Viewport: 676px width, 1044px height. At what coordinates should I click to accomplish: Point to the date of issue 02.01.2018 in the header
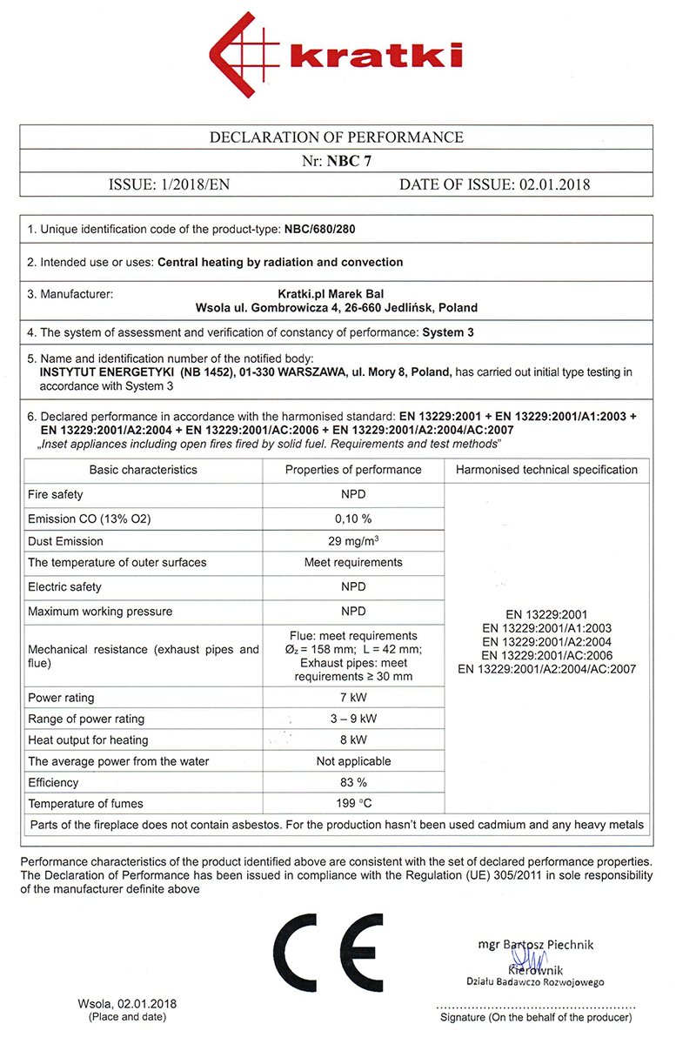pos(554,184)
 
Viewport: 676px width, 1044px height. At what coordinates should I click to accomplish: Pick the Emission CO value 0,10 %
pos(353,519)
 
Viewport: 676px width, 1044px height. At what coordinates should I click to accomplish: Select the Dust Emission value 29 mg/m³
pos(353,541)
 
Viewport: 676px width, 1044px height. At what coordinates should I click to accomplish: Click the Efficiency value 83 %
pos(353,782)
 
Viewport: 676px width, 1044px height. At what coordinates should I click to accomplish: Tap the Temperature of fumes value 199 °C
pos(353,803)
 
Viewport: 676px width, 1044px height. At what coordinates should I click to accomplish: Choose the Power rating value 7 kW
pos(353,698)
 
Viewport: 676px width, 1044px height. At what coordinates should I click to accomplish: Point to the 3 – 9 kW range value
pos(353,719)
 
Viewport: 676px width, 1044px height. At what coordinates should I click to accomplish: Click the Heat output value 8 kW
pos(353,740)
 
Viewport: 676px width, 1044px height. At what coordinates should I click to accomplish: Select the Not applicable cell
pos(353,761)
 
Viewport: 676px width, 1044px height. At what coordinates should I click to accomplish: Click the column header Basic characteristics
pos(144,470)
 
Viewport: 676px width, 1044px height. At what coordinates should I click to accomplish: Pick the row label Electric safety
pos(64,587)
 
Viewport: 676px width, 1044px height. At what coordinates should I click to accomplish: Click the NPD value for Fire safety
pos(353,495)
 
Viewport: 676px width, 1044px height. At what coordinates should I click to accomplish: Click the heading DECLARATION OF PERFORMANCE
pos(337,137)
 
